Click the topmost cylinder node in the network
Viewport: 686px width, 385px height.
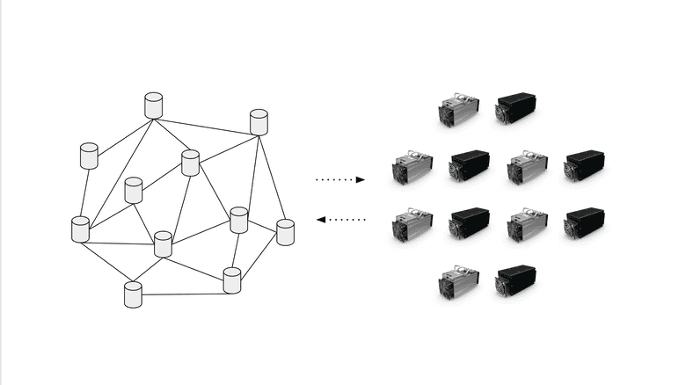154,105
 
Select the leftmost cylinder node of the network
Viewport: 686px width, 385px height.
80,229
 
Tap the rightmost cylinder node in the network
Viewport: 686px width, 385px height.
285,233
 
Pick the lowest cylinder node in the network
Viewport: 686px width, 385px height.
133,294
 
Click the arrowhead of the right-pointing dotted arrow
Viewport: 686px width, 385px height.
360,179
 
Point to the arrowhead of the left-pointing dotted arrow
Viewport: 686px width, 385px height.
320,219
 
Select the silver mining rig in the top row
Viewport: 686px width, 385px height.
457,110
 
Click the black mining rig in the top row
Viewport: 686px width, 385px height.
515,108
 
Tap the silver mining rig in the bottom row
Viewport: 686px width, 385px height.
457,283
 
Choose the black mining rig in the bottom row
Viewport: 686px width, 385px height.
515,281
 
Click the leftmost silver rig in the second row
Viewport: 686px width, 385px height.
412,167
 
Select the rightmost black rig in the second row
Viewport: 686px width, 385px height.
584,165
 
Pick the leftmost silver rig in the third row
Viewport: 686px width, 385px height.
412,225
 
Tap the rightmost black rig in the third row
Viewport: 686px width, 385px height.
584,223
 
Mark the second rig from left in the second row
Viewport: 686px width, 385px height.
470,165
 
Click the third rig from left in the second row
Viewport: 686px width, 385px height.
527,167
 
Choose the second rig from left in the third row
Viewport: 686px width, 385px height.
470,223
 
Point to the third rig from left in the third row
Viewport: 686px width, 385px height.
527,225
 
